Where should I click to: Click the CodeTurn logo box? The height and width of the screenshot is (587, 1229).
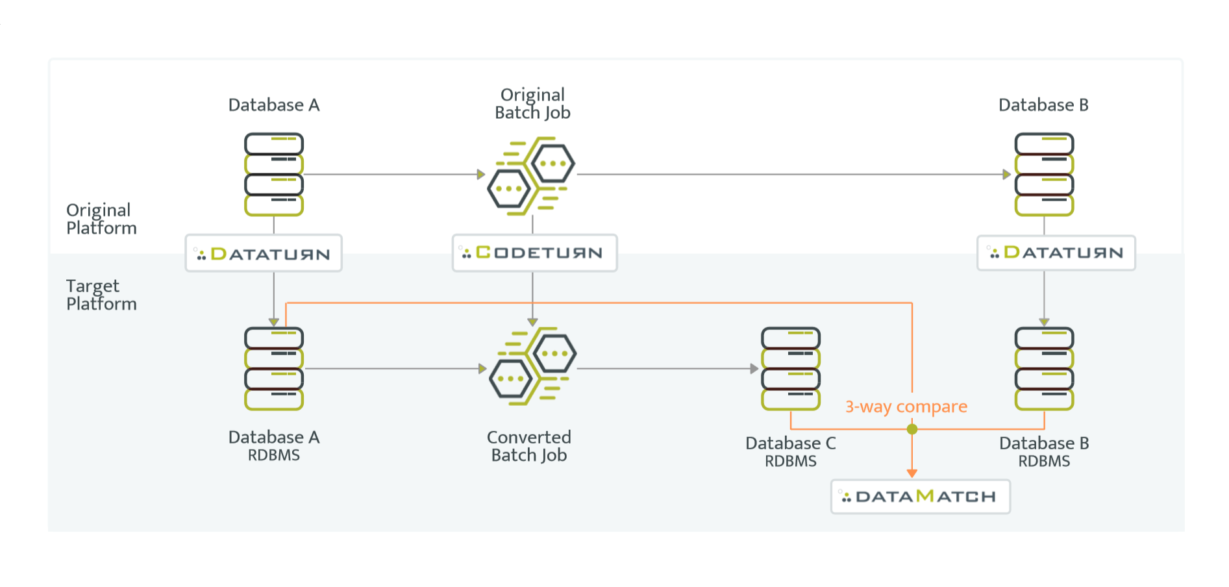(534, 253)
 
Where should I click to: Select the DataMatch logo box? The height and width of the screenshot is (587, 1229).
(920, 497)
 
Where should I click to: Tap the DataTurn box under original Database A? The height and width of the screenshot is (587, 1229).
(263, 253)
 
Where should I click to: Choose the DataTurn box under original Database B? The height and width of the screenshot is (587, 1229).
(1056, 253)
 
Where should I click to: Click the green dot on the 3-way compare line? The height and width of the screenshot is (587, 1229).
(912, 429)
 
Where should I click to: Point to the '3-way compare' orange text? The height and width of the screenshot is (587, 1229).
(906, 406)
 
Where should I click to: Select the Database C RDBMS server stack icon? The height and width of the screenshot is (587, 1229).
(790, 368)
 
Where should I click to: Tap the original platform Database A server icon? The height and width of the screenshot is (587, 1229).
(273, 174)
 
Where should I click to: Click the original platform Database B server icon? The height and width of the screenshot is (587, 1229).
(1043, 174)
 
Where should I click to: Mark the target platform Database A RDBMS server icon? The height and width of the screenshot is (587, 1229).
(273, 368)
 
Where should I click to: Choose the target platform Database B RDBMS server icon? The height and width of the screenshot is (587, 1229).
(1043, 368)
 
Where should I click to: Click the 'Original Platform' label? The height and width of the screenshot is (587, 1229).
(101, 219)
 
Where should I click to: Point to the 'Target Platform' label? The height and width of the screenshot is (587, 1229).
(101, 295)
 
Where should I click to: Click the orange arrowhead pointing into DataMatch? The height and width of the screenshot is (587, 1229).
(912, 473)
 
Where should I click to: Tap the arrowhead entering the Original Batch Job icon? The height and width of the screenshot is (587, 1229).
(481, 174)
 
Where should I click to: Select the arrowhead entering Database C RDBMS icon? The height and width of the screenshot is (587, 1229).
(754, 369)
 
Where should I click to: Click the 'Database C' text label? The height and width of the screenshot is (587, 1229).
(790, 443)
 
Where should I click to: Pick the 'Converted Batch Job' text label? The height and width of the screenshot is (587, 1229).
(529, 446)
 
